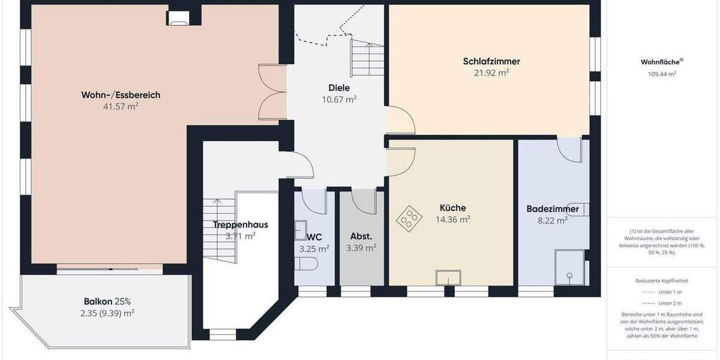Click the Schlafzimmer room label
(491, 61)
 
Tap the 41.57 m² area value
(121, 106)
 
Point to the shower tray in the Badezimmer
(569, 268)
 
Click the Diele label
(339, 88)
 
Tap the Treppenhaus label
(240, 225)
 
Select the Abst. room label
(361, 236)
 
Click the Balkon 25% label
(107, 301)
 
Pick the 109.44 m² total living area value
(662, 74)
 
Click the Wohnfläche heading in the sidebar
(661, 62)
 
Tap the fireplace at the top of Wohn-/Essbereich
(178, 19)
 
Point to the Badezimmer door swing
(570, 149)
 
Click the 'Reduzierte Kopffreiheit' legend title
(662, 280)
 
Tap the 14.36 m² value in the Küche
(452, 220)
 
